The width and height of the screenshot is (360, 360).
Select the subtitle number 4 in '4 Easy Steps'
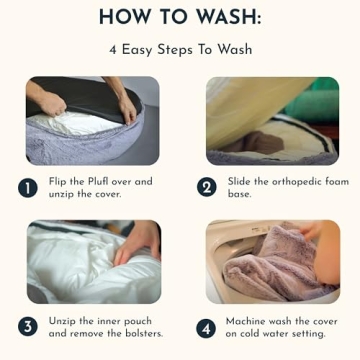[113, 50]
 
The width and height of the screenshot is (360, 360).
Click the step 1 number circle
[28, 188]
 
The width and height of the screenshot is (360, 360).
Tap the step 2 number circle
[207, 188]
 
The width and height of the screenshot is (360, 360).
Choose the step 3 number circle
[28, 328]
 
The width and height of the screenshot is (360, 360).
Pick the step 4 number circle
[206, 328]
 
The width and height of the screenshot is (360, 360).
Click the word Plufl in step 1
[98, 182]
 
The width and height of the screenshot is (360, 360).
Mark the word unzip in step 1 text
[61, 195]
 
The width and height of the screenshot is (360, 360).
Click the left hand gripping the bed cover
[51, 102]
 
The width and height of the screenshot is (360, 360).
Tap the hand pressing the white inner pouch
[137, 243]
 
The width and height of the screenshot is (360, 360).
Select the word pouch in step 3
[137, 322]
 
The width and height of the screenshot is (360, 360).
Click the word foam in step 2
[334, 182]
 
